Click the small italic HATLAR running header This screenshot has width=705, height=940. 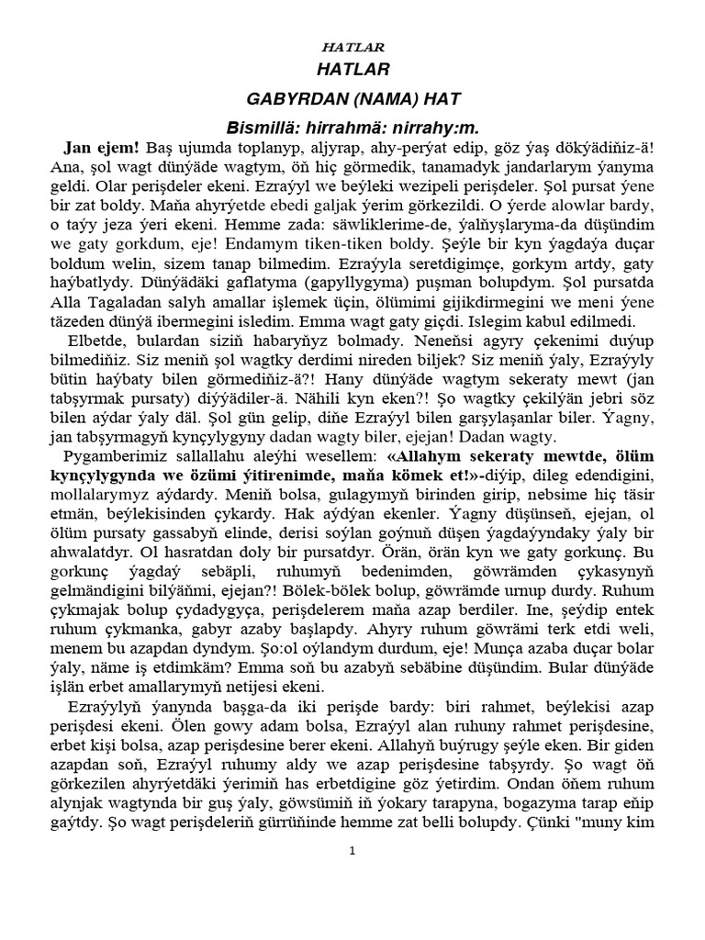[x=353, y=47]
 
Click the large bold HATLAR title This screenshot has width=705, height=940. [x=353, y=70]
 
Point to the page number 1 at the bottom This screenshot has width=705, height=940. [x=352, y=852]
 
